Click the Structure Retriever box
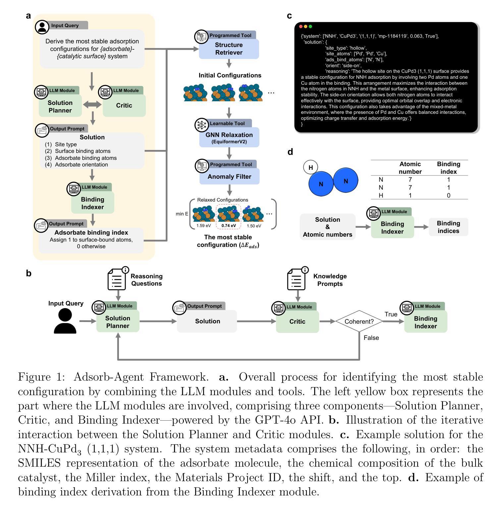(229, 49)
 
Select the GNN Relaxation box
(229, 137)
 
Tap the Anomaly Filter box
(229, 176)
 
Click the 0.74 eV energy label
(229, 226)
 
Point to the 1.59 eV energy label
(203, 226)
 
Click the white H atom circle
(310, 167)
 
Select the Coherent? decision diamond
(359, 321)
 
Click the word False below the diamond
(371, 338)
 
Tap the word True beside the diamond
(391, 314)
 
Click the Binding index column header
(449, 168)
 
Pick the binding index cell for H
(449, 195)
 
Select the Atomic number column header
(410, 168)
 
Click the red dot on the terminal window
(301, 26)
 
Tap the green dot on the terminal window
(310, 26)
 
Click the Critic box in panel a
(124, 106)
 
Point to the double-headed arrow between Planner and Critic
(92, 105)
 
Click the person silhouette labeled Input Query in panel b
(65, 321)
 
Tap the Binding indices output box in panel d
(448, 227)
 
